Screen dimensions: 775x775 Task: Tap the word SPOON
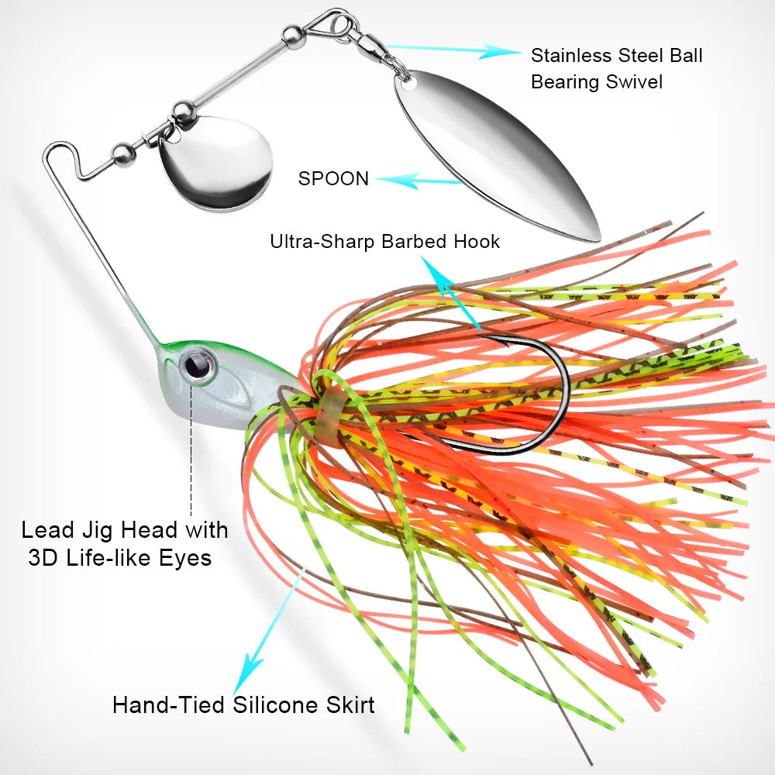point(333,178)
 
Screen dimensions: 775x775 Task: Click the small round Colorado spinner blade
point(215,164)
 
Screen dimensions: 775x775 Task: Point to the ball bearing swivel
point(373,49)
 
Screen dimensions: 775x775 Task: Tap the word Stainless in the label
point(569,56)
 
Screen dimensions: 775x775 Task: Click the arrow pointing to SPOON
point(418,181)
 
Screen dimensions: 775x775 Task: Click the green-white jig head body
point(225,387)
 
